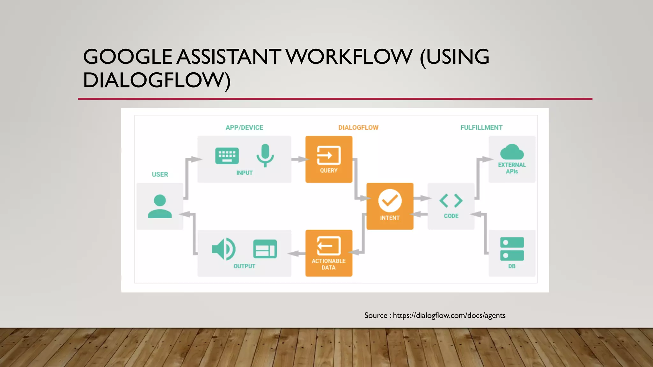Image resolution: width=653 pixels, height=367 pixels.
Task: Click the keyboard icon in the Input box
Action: [227, 156]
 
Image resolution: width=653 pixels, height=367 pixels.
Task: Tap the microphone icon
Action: [265, 155]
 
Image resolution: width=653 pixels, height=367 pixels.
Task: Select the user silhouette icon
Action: [160, 206]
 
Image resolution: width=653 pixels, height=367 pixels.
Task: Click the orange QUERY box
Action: [329, 159]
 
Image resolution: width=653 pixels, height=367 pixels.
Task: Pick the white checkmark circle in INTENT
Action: [390, 201]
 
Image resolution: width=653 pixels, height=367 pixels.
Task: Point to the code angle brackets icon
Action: [451, 201]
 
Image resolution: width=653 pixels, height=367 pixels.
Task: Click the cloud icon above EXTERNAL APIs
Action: [512, 152]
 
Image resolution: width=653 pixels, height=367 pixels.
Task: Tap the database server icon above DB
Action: [512, 249]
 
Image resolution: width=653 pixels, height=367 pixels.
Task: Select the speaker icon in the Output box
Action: [224, 249]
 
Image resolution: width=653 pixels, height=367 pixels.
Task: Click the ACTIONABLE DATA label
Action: [328, 264]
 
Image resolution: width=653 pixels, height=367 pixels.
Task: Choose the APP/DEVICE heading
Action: [244, 128]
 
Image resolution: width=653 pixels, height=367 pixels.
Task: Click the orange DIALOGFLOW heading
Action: [358, 128]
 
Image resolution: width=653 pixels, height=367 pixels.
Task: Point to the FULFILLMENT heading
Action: [481, 128]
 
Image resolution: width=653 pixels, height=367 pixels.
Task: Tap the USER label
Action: [160, 175]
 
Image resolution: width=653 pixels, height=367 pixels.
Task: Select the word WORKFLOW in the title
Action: [349, 57]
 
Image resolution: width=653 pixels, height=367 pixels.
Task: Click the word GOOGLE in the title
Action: [128, 57]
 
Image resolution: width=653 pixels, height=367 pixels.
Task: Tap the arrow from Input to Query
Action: [298, 159]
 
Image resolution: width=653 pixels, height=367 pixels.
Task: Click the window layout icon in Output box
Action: [265, 249]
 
